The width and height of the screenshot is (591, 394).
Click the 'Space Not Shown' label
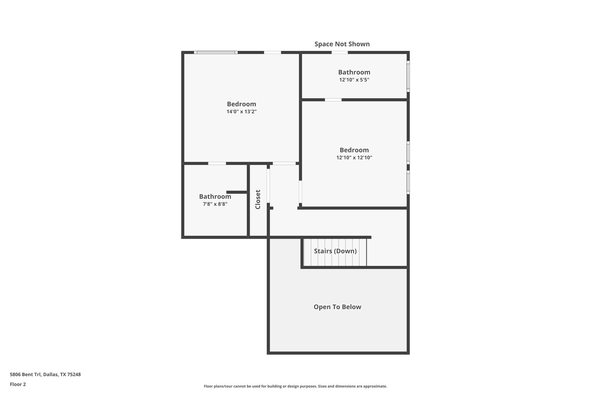coord(342,44)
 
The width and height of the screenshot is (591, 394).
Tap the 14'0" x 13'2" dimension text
coord(241,112)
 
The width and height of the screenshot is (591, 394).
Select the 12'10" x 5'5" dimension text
coord(354,80)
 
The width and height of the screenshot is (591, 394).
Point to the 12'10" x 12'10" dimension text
coord(354,158)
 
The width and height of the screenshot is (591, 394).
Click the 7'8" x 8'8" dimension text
coord(215,204)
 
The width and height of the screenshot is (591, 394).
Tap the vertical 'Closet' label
coord(258,199)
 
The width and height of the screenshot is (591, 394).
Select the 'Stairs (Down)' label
coord(335,251)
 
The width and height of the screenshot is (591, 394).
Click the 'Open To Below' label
coord(337,307)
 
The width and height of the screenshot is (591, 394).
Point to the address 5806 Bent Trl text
coord(45,374)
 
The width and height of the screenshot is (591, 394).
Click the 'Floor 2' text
coord(18,384)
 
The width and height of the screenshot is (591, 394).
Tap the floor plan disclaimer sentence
coord(295,386)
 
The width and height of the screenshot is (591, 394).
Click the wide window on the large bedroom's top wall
coord(216,53)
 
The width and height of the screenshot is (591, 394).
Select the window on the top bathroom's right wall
coord(408,76)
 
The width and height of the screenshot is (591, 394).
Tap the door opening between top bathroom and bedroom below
coord(333,100)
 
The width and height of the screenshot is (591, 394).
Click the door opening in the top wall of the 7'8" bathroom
coord(217,163)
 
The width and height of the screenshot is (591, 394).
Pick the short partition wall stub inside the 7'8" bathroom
coord(237,192)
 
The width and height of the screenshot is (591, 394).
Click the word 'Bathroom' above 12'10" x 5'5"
coord(354,72)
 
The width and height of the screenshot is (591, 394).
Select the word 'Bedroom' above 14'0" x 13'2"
coord(241,104)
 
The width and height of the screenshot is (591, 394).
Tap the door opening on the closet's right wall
coord(268,186)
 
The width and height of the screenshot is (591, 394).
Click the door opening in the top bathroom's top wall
coord(340,53)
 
